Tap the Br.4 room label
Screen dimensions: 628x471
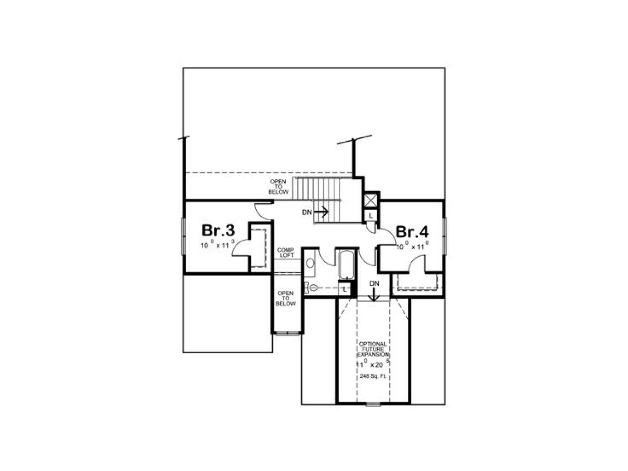pos(412,232)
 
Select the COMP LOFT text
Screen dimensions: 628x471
pos(285,252)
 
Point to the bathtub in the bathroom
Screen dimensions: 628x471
pos(347,265)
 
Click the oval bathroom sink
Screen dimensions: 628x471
pos(310,263)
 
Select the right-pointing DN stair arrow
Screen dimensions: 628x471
pos(321,212)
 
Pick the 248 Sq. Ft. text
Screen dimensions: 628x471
pos(373,376)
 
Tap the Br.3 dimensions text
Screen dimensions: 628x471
pos(217,245)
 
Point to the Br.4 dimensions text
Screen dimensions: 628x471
pos(412,246)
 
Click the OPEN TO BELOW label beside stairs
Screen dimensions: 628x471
pos(278,187)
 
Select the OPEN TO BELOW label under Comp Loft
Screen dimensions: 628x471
pos(285,299)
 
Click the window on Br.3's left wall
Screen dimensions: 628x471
pos(183,236)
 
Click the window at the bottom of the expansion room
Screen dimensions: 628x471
pos(373,404)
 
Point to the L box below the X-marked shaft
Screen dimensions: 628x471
pos(371,215)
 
